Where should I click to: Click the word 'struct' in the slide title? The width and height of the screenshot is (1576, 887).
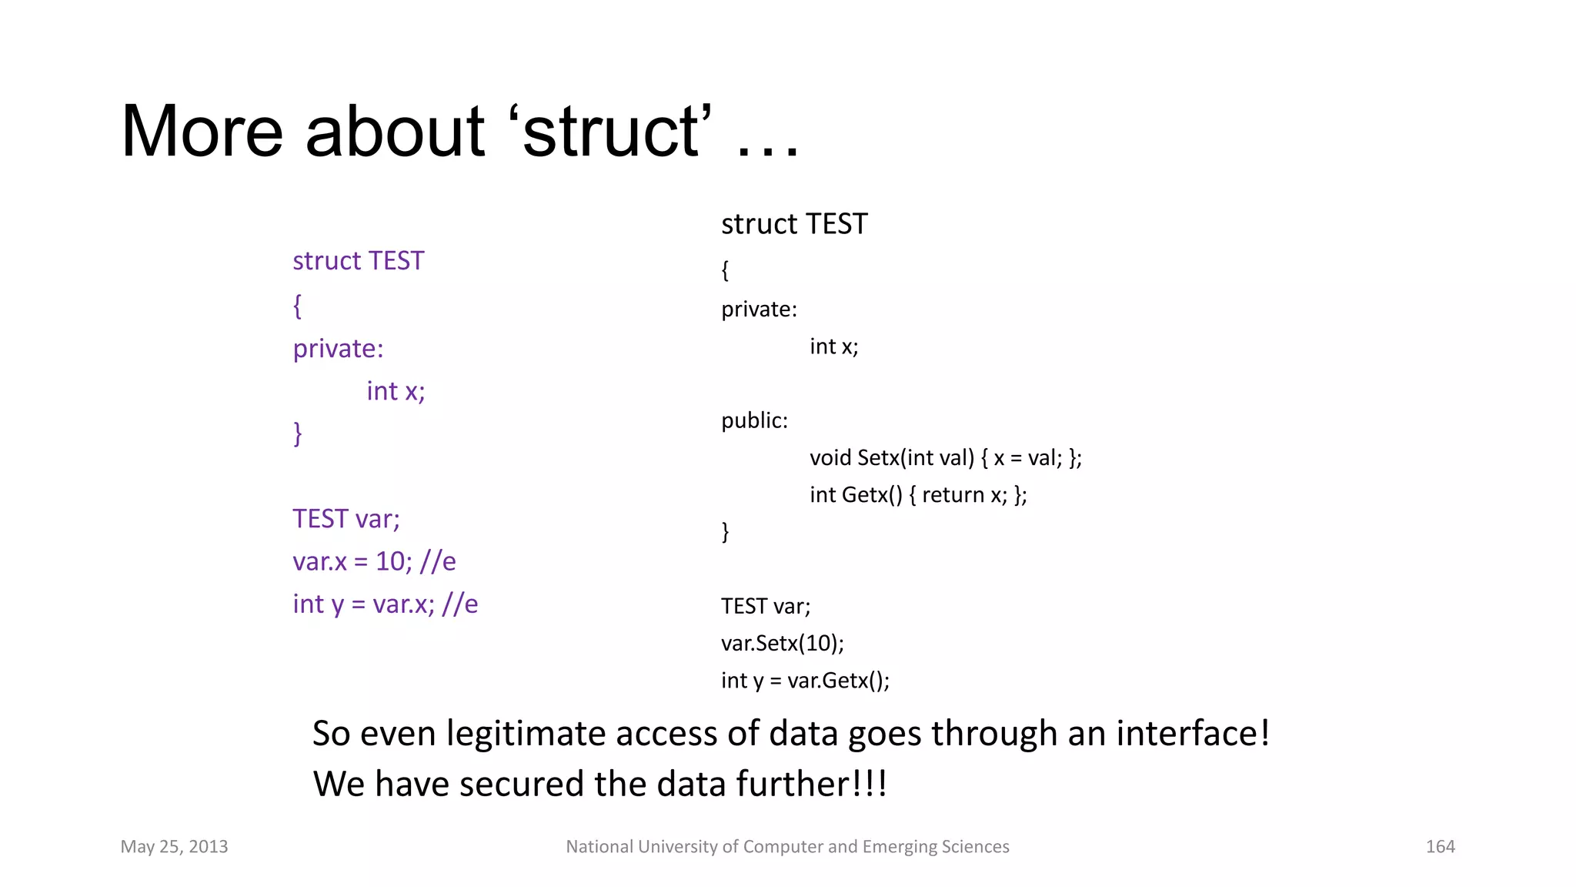point(612,132)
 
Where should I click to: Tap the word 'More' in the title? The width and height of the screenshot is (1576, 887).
point(202,132)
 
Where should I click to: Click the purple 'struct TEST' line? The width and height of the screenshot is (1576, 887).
point(358,261)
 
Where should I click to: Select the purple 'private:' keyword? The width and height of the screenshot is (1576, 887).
point(338,349)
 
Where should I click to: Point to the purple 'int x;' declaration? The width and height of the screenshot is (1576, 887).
point(396,391)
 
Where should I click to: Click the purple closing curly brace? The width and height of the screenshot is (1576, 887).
point(297,433)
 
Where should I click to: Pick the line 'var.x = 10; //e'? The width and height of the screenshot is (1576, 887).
point(374,561)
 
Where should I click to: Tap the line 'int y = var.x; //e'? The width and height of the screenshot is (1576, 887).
point(385,604)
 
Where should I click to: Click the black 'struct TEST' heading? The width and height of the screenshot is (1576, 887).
point(794,224)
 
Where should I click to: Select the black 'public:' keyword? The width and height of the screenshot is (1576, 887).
point(754,420)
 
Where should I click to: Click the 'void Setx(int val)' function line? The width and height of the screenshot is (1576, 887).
point(945,458)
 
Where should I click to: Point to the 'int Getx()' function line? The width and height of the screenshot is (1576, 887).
point(917,495)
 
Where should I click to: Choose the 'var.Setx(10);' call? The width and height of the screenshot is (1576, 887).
point(782,643)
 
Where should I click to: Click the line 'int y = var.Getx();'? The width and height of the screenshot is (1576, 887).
point(805,681)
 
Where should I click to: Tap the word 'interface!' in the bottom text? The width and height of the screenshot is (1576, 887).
point(1192,733)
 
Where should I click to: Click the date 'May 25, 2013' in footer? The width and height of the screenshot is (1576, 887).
point(174,847)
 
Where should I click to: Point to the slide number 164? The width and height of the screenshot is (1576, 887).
point(1440,847)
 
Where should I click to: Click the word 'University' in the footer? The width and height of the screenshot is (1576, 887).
point(679,847)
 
